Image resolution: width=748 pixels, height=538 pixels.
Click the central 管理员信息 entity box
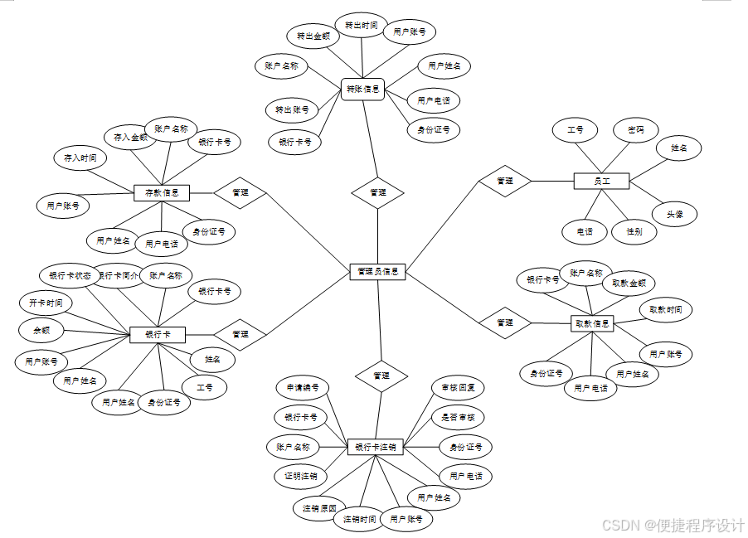[x=377, y=271]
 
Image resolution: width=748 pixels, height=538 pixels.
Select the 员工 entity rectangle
[x=601, y=180]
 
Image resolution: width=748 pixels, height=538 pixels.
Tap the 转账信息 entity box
[x=362, y=89]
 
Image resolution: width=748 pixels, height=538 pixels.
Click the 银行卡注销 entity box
[x=376, y=447]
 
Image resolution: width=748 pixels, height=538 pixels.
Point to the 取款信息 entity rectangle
[x=592, y=323]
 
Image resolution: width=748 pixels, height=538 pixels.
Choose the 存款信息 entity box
[x=162, y=192]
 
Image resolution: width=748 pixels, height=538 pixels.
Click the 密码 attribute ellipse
[x=636, y=130]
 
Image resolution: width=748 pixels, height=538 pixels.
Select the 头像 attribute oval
[x=674, y=213]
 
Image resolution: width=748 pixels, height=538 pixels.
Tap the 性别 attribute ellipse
[x=634, y=231]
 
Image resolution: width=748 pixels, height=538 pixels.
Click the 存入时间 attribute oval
[x=80, y=157]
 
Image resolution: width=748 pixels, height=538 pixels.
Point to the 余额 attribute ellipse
[x=41, y=330]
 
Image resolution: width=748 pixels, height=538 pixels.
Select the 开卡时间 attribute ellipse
[x=45, y=303]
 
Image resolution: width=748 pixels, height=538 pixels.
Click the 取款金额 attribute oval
[x=629, y=283]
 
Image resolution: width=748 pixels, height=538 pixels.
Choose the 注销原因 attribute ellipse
[x=319, y=507]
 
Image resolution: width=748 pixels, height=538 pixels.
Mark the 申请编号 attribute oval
[x=303, y=387]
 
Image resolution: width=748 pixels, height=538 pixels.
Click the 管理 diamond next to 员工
[x=504, y=180]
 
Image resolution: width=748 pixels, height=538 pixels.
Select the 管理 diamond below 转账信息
[x=377, y=192]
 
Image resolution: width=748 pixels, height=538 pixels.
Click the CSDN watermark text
[x=673, y=526]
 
